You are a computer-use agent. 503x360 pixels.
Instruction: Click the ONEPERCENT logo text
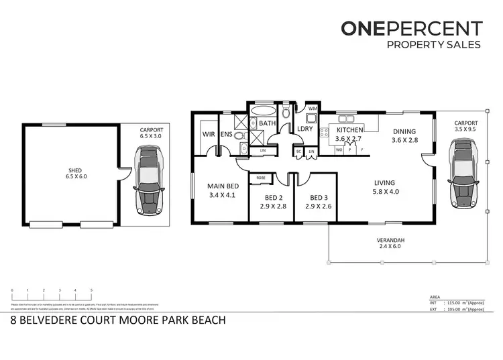point(411,28)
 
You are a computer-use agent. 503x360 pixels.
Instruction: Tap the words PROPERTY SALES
point(434,45)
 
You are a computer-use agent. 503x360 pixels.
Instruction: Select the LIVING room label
point(384,182)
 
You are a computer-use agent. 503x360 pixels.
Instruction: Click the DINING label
point(404,132)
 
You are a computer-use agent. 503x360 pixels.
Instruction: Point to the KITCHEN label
point(349,129)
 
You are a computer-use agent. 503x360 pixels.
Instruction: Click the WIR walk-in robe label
point(208,134)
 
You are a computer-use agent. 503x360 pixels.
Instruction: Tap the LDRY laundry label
point(306,129)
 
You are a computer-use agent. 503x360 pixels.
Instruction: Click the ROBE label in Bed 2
point(260,178)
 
